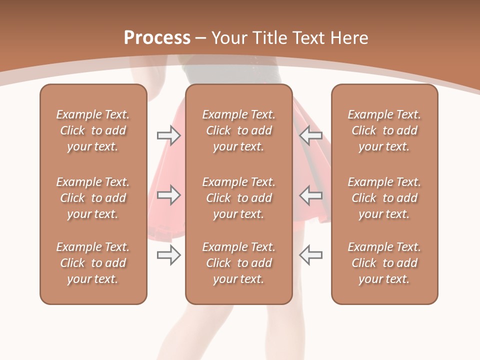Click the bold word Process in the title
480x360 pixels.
point(157,38)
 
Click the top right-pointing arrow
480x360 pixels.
point(168,135)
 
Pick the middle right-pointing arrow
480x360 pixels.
point(168,195)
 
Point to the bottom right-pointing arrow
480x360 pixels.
point(168,255)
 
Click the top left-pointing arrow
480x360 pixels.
point(311,135)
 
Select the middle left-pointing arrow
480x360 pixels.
point(311,195)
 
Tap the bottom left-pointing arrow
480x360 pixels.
point(311,255)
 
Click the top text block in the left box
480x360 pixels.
point(93,130)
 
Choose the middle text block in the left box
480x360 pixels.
point(93,198)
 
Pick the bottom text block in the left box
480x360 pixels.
point(93,263)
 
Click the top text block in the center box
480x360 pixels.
point(239,130)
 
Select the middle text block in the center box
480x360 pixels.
point(239,198)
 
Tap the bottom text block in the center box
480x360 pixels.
point(239,263)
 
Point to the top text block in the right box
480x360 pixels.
point(384,130)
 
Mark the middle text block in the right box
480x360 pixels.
point(384,198)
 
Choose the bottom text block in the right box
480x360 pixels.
point(384,263)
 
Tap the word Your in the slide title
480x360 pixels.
point(228,38)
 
